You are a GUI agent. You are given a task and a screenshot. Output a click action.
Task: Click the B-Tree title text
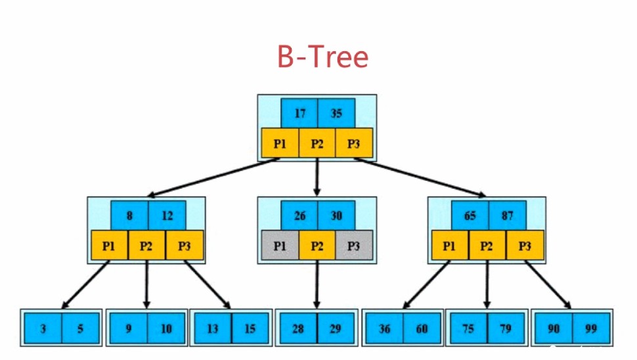pos(322,57)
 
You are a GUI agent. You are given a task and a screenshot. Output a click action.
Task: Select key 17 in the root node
pos(299,113)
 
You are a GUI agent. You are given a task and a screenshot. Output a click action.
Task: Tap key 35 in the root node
pos(336,113)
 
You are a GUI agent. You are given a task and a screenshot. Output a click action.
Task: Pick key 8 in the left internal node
pos(129,215)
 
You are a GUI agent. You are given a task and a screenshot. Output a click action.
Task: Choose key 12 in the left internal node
pos(167,215)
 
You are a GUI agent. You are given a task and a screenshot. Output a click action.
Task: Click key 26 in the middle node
pos(299,215)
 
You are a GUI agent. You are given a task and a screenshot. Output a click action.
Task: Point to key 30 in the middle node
pos(336,215)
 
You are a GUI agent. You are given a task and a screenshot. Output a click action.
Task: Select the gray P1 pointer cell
pos(280,246)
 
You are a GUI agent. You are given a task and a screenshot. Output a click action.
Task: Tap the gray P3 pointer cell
pos(354,246)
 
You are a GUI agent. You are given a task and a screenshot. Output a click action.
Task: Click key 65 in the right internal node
pos(470,215)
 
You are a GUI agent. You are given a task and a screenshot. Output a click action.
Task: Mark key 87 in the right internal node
pos(507,215)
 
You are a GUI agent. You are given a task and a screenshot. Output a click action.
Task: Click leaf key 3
pos(43,328)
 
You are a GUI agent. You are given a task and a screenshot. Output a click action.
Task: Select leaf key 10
pos(166,328)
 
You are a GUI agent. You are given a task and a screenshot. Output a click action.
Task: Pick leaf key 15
pos(250,328)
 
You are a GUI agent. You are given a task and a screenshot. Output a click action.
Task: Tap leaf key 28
pos(298,328)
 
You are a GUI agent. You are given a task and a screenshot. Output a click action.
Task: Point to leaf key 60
pos(422,328)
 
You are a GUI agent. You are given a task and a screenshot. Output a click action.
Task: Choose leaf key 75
pos(468,328)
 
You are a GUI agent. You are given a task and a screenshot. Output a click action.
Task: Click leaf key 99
pos(591,328)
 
